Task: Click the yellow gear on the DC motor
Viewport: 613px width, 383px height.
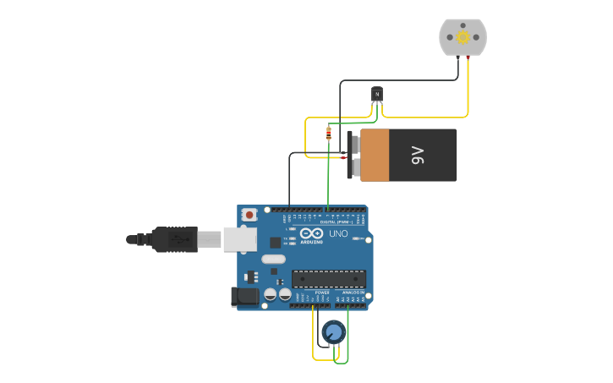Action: click(462, 37)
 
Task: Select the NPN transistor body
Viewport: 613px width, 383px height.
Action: click(377, 94)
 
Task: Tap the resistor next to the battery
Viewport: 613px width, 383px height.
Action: click(329, 133)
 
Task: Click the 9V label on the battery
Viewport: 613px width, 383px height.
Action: click(418, 155)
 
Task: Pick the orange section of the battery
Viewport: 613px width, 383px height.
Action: click(375, 155)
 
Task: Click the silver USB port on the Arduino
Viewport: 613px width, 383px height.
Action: click(239, 239)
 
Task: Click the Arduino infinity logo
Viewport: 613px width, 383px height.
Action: click(311, 233)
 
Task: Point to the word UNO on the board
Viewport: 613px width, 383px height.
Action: click(338, 233)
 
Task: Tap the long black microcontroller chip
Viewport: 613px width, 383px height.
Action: click(329, 279)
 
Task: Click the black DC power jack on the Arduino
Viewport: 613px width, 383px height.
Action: click(245, 296)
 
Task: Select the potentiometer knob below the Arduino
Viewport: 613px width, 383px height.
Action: click(333, 332)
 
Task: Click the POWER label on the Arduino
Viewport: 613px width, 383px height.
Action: click(322, 293)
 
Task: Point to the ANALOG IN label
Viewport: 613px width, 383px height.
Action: click(353, 293)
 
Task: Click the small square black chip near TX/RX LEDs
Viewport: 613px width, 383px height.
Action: click(251, 276)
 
